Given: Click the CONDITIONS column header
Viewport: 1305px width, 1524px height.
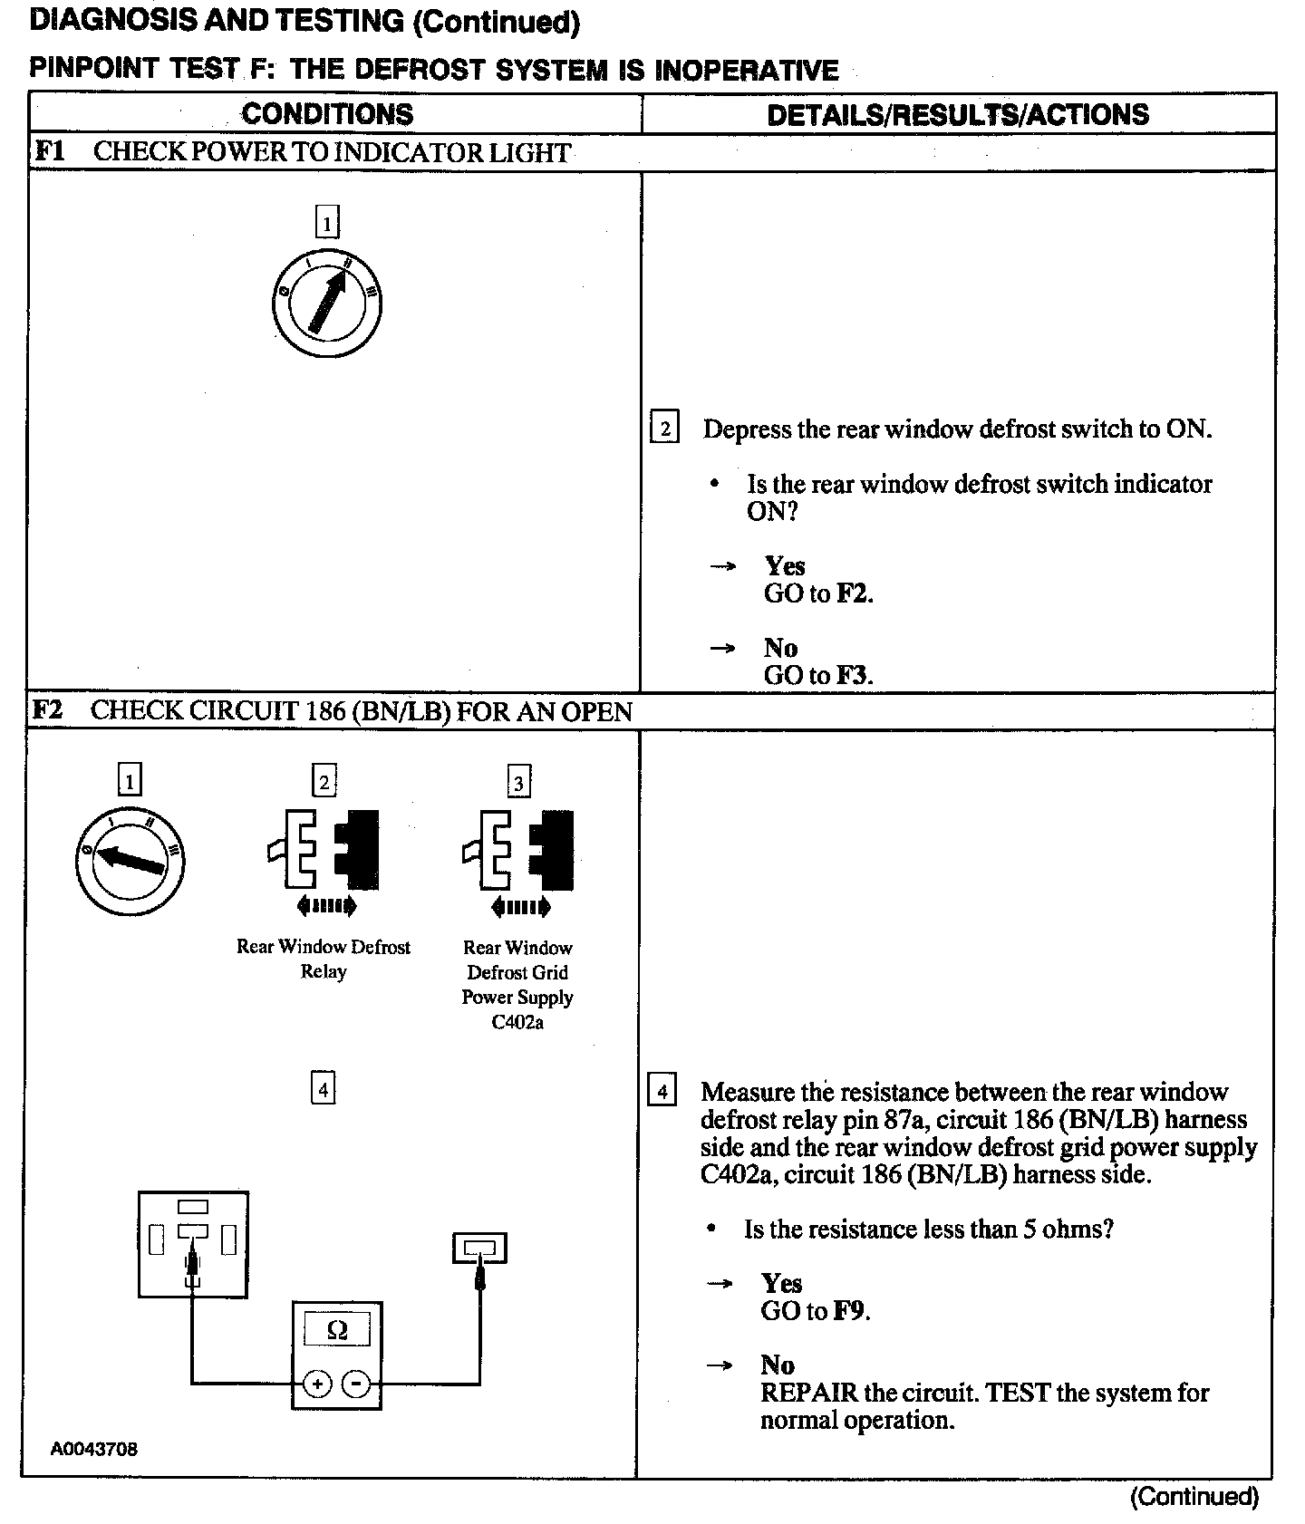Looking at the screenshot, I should point(327,114).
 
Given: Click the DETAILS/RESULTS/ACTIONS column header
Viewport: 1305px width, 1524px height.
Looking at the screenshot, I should point(957,114).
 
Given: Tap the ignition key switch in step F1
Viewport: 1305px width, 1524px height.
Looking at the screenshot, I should point(327,304).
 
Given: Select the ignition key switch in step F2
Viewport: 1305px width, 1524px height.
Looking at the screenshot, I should point(130,859).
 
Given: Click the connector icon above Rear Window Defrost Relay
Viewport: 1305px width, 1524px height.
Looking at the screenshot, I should point(324,861).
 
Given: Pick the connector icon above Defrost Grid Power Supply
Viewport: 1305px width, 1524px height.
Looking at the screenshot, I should point(518,861).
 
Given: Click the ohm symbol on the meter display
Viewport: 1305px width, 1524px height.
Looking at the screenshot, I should point(336,1330).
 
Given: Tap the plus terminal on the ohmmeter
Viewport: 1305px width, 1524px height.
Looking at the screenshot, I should point(317,1384).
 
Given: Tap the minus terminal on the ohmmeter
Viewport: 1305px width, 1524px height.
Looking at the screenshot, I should point(356,1384).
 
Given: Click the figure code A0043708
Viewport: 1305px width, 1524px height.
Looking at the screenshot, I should point(94,1449).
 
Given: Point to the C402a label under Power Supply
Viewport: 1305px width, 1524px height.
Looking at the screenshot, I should point(517,1022).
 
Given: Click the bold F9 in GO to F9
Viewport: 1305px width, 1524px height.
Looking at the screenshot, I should point(850,1311).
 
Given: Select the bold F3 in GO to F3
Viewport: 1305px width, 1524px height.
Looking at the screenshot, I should point(853,675).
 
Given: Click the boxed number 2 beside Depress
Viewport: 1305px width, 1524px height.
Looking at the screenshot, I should point(664,428).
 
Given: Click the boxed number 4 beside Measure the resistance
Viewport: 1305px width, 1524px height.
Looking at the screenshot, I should point(662,1091).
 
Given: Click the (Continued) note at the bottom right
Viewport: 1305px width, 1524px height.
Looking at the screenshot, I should point(1194,1497).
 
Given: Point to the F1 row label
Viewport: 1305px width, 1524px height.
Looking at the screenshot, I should point(49,151).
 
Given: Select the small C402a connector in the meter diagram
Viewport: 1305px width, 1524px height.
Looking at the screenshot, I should point(479,1249).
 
